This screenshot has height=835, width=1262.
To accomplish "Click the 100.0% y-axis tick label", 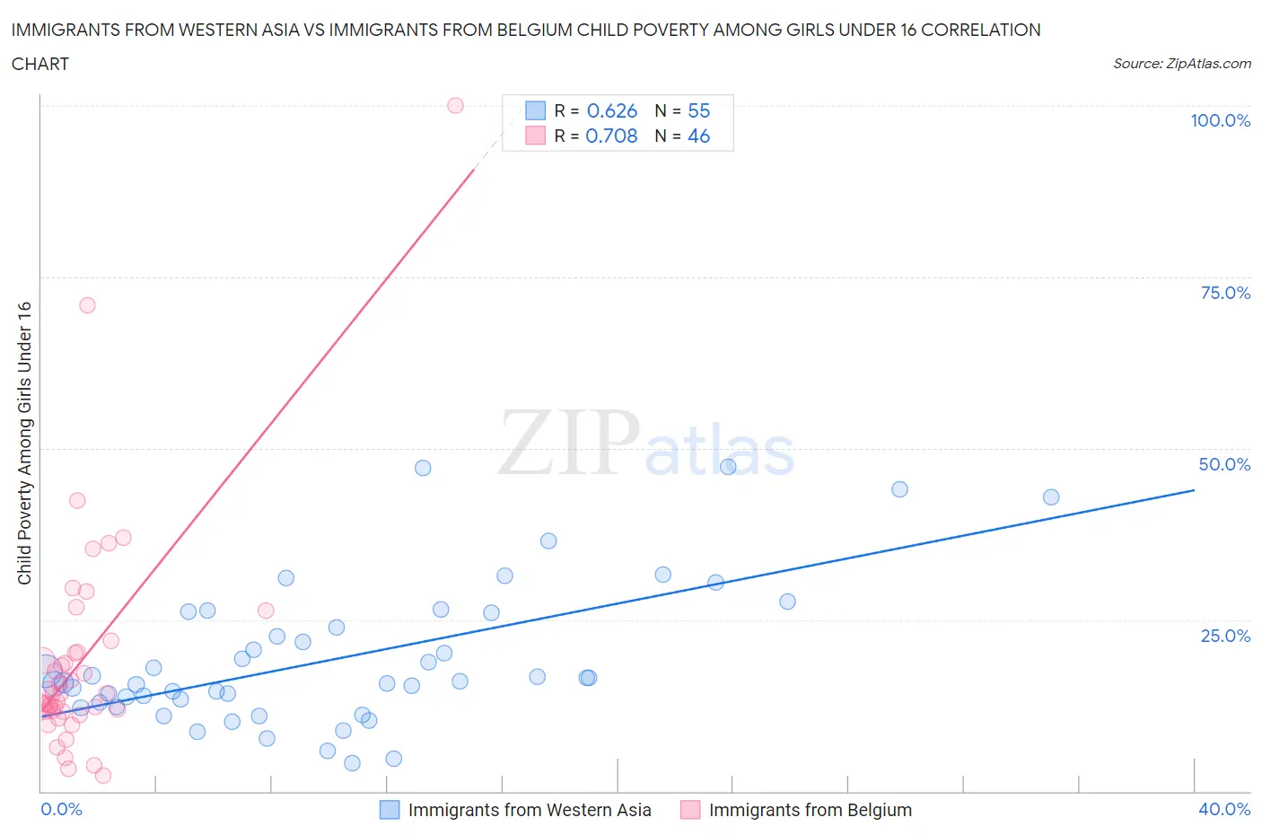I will point(1220,120).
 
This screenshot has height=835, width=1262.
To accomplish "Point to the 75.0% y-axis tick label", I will point(1224,293).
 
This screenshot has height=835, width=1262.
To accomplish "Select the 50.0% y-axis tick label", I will point(1224,464).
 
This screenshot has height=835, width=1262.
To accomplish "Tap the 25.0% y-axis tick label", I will point(1224,636).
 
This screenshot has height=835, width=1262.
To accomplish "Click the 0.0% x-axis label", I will point(61,809).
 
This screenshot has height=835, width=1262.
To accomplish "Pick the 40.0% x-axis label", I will point(1224,809).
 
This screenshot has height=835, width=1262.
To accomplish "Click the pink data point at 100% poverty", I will point(455,105).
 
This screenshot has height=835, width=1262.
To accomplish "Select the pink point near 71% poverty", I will point(87,305).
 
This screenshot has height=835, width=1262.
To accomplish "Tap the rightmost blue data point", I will point(1051,497).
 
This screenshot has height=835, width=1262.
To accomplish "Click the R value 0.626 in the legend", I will point(611,110).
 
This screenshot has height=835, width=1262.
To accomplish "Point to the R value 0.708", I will point(611,136).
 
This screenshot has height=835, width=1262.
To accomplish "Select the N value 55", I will point(698,110).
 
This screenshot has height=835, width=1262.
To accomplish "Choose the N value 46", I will point(698,136).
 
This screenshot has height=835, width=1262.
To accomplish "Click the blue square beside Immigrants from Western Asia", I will point(390,810).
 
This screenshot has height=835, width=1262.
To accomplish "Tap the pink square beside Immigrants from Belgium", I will point(690,810).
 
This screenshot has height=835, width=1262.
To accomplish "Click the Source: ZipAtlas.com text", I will point(1181,64).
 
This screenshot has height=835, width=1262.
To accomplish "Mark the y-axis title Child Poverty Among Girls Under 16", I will point(24,444).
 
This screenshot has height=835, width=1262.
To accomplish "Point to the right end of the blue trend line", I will point(1194,490).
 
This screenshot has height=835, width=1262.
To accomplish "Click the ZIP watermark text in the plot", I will point(568,443).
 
